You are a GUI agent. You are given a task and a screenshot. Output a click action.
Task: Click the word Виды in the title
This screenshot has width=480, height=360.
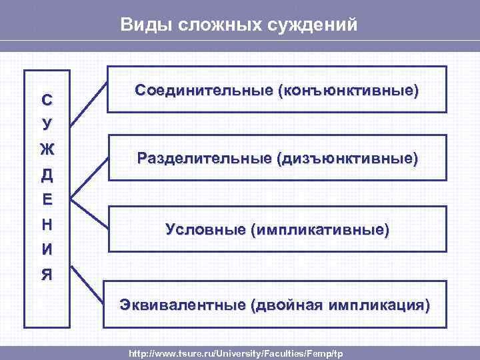[141, 25]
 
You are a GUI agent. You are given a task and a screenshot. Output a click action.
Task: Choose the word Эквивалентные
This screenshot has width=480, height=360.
[182, 305]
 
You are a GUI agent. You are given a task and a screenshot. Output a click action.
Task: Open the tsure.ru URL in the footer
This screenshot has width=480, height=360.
[235, 352]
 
